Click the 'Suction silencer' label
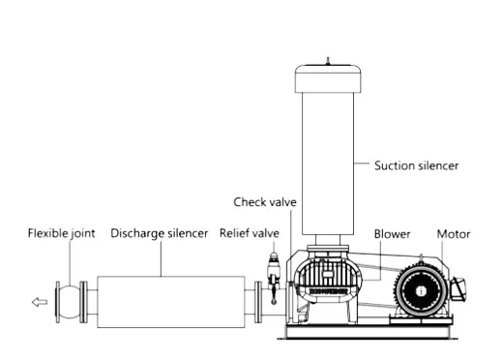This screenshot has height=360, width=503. (416, 165)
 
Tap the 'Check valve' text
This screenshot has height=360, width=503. (265, 202)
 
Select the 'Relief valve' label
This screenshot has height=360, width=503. (249, 233)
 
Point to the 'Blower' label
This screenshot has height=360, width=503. (392, 234)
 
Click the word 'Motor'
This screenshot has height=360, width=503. (454, 234)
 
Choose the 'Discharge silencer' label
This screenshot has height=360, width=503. (159, 233)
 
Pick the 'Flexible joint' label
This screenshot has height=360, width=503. (61, 233)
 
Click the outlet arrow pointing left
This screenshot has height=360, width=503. (39, 302)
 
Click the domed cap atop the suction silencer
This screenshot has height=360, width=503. (329, 77)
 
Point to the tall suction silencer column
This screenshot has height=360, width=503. (329, 165)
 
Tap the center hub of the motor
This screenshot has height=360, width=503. (421, 289)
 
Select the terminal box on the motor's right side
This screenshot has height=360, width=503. (457, 286)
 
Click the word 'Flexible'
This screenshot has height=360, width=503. (47, 233)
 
